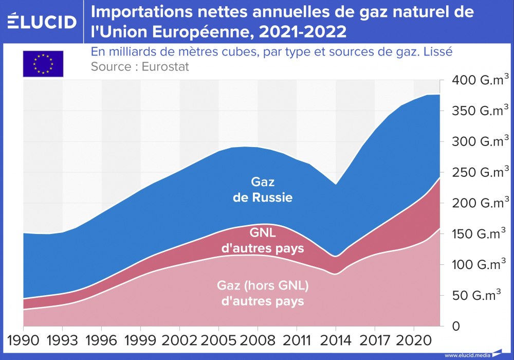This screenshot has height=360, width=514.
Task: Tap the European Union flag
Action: point(43,64)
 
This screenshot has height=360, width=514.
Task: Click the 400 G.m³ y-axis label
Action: point(481,80)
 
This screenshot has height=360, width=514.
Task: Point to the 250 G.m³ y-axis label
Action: point(481,173)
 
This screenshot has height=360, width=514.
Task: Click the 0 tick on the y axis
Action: point(455,326)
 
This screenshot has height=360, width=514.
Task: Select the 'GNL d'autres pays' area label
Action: point(263,240)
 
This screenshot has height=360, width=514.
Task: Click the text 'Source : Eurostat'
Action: point(140,67)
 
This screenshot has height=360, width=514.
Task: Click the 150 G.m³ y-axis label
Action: point(481,235)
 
